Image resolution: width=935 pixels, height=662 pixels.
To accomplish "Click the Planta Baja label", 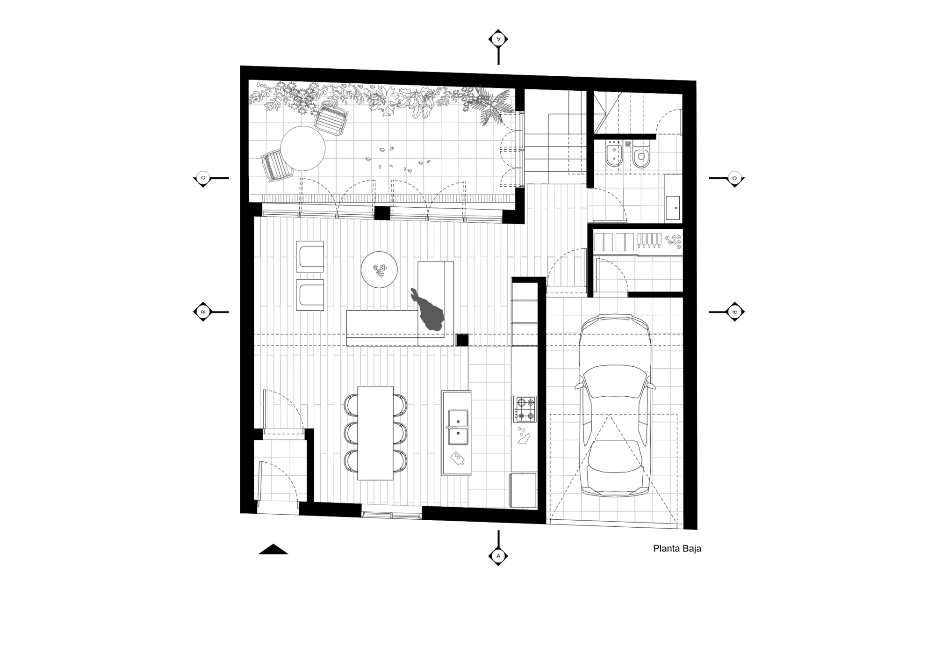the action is [x=677, y=549].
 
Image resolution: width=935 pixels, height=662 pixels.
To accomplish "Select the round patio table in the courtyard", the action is [x=302, y=148].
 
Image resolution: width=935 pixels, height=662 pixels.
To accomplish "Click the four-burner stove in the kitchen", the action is [x=525, y=409].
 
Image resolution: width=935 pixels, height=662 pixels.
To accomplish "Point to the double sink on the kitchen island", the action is [x=458, y=427].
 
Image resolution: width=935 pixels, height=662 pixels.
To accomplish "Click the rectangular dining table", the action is [x=375, y=433].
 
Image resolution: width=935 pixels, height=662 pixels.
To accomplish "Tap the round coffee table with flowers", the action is [x=379, y=270].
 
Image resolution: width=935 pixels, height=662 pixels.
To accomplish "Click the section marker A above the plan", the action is [x=498, y=39].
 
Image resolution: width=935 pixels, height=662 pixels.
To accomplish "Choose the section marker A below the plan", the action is [x=498, y=556].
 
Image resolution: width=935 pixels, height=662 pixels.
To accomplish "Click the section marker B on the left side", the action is [x=203, y=312].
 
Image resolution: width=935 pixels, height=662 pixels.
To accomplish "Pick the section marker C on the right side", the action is [x=734, y=178].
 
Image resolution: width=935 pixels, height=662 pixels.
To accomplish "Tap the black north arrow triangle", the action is [x=273, y=549].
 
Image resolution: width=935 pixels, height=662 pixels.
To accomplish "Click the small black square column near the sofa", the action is [x=462, y=340].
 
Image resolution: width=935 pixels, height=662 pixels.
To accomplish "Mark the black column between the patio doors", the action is [x=382, y=213].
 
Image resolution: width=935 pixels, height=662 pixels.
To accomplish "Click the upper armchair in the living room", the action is [x=310, y=256].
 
